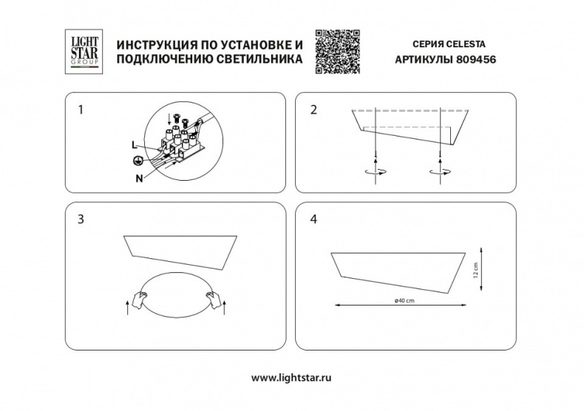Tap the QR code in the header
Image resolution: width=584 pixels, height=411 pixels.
[335, 49]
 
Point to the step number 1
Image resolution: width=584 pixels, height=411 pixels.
[81, 110]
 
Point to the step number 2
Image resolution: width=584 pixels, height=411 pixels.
[313, 110]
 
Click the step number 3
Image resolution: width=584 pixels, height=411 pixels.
[81, 219]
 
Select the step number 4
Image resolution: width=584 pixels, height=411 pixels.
[314, 219]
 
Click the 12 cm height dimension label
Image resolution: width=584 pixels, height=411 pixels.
[477, 270]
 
